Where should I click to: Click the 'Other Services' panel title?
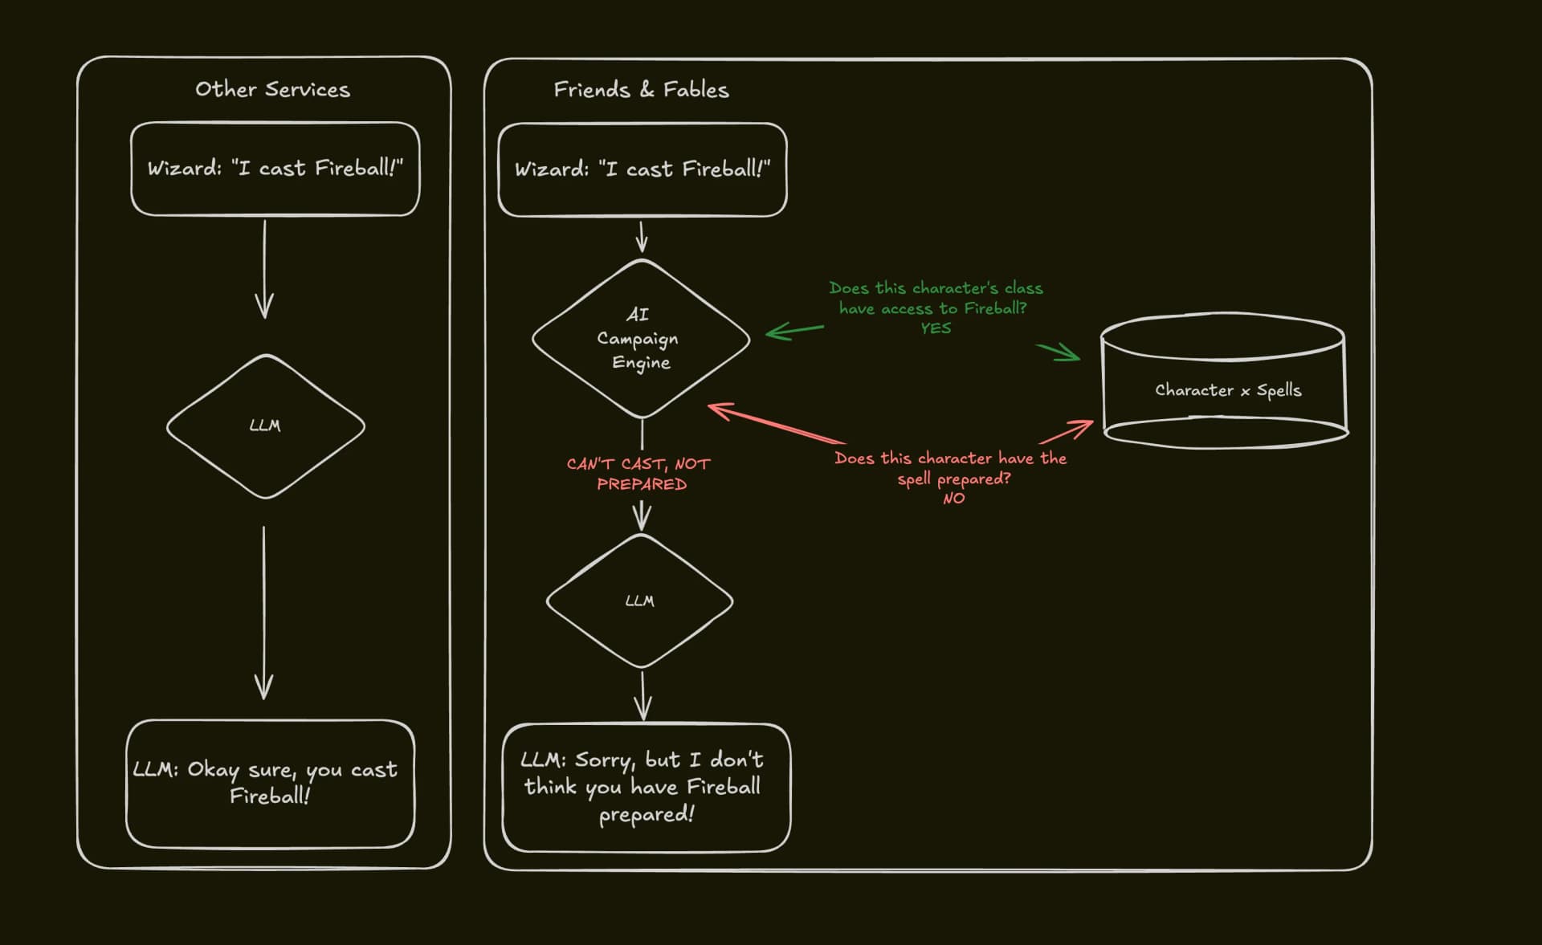[x=272, y=89]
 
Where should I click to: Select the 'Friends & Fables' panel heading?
[x=641, y=90]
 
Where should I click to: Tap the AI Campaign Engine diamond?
[x=640, y=338]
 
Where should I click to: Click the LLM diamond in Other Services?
[x=265, y=426]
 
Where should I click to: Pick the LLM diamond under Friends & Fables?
[x=639, y=601]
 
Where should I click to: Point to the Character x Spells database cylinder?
[x=1225, y=381]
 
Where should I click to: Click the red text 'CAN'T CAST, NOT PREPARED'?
[x=639, y=474]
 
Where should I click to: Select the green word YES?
[x=936, y=328]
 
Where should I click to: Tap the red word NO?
[x=953, y=499]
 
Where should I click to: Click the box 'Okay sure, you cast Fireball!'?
[x=270, y=783]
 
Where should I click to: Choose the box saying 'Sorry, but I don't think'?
[x=646, y=787]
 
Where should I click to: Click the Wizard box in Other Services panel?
[x=275, y=169]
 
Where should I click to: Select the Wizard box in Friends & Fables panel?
[x=642, y=169]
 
